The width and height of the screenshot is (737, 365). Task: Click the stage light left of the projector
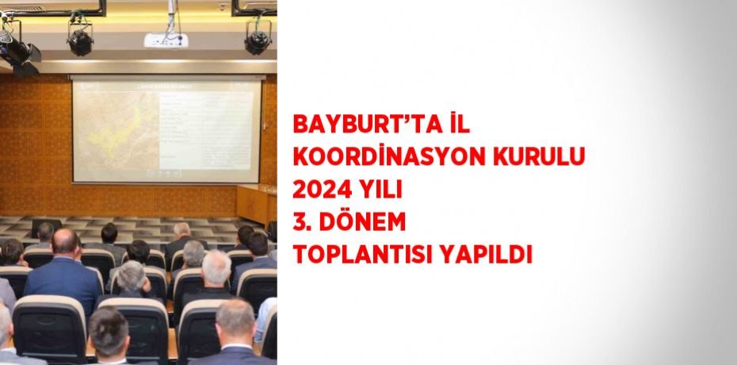click(x=79, y=38)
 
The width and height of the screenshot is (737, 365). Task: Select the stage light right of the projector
click(x=258, y=36)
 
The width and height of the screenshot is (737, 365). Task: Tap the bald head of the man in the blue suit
click(x=67, y=241)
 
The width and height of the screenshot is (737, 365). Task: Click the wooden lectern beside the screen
click(x=252, y=203)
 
